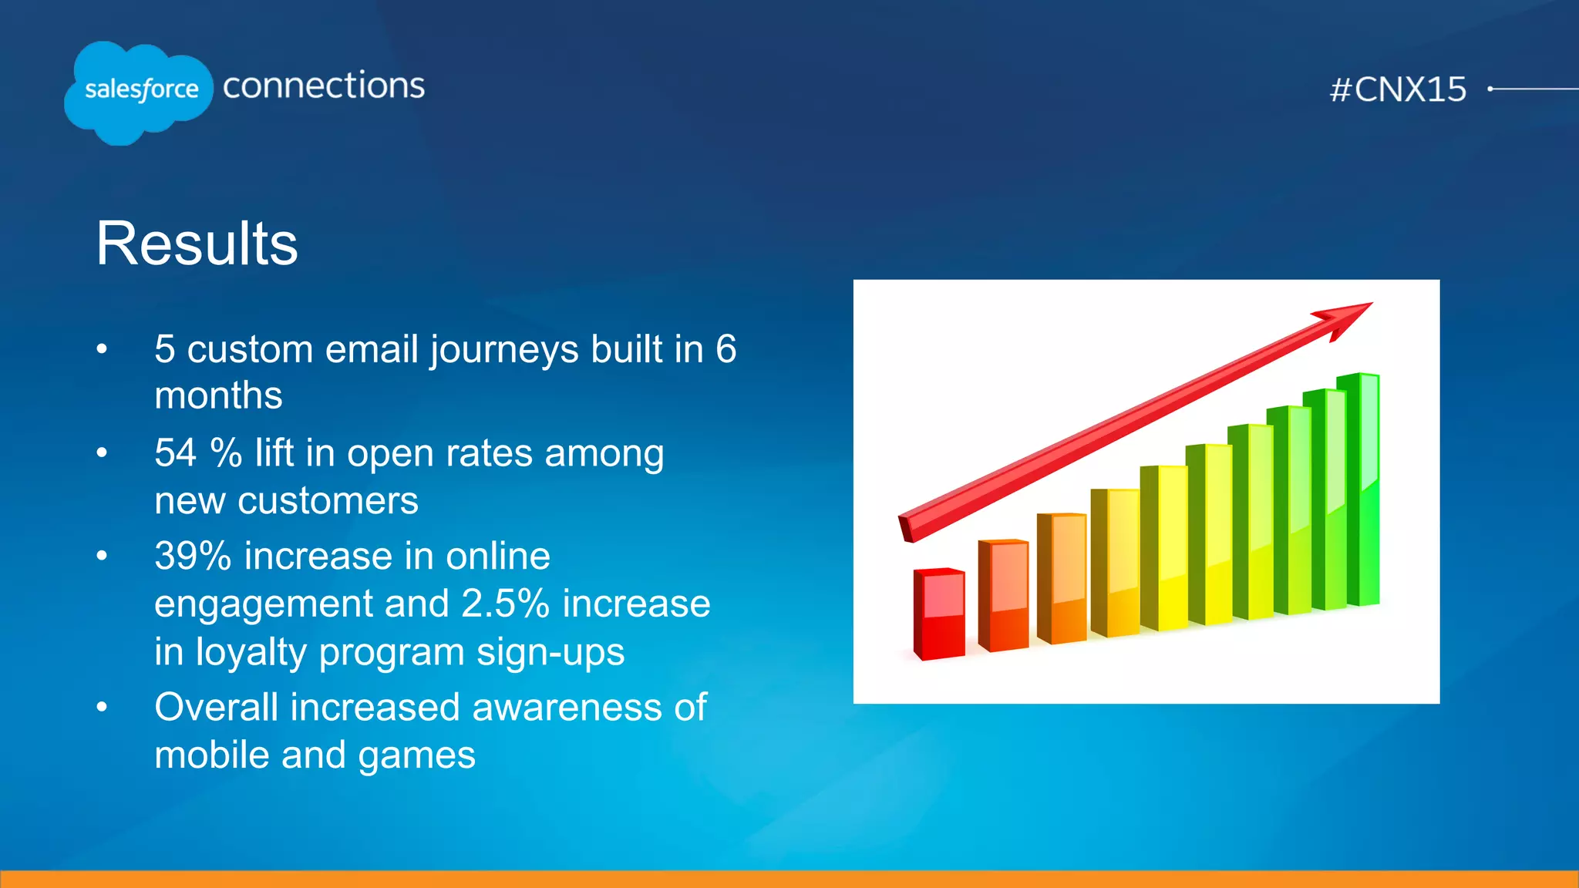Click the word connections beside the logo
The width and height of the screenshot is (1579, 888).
(324, 86)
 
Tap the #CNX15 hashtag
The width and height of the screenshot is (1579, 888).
(1398, 89)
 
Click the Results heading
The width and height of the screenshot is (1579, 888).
(197, 244)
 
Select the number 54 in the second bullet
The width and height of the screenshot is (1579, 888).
(176, 452)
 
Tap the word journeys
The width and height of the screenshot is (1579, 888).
(504, 350)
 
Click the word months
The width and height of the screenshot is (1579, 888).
(218, 395)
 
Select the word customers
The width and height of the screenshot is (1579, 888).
(328, 501)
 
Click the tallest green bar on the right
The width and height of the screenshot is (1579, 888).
(1359, 489)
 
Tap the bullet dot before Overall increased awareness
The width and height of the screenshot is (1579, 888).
(102, 707)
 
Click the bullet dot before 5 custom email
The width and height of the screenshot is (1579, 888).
(102, 349)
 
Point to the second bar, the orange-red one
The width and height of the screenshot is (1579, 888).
(1003, 595)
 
